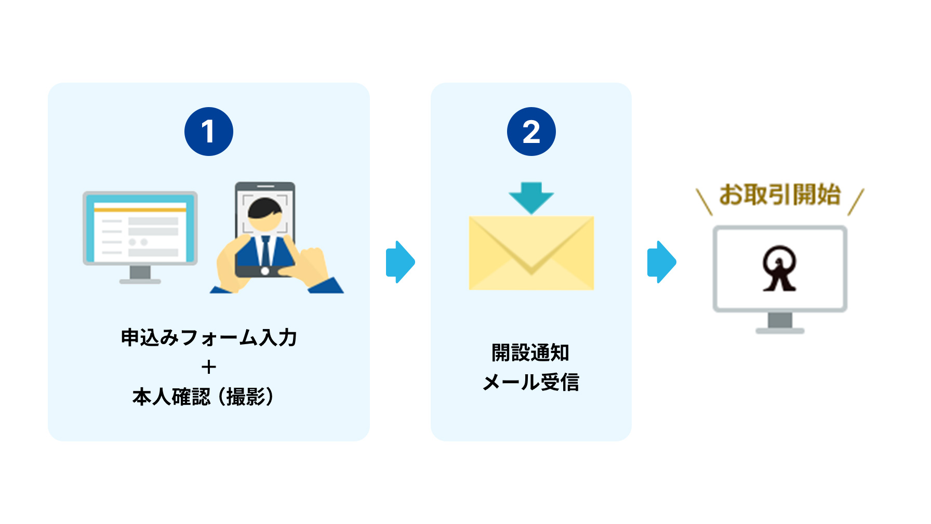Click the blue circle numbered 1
point(208,132)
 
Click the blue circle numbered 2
point(531,132)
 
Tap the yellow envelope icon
point(531,253)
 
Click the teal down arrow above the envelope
point(531,197)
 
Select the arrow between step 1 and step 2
point(400,261)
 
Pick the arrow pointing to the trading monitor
point(661,261)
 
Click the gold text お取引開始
point(779,195)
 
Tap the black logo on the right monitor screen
point(779,268)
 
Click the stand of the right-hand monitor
point(779,323)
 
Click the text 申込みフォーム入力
point(208,337)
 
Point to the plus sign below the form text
point(208,367)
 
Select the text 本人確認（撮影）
point(203,397)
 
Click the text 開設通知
point(530,352)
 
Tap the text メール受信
point(530,383)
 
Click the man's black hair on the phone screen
point(265,207)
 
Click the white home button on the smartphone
point(265,271)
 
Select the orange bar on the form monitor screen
point(140,209)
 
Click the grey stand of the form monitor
point(140,274)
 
